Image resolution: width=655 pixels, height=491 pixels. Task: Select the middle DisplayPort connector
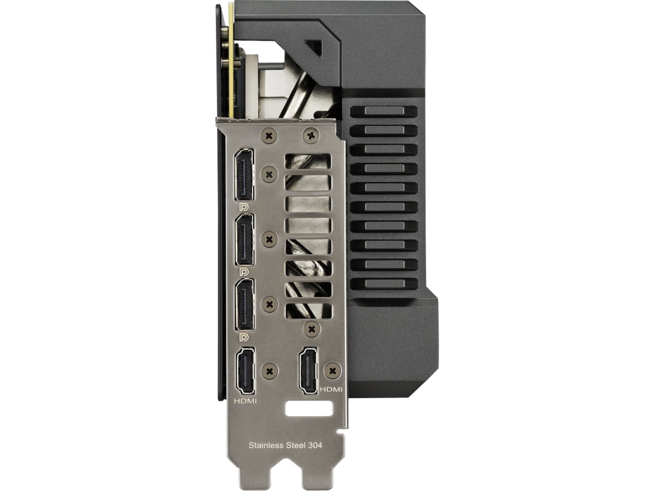click(245, 239)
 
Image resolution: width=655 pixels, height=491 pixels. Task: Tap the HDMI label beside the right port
click(331, 389)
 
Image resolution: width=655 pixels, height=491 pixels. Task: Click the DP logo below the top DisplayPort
click(244, 207)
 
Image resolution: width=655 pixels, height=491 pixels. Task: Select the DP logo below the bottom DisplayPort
click(244, 337)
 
